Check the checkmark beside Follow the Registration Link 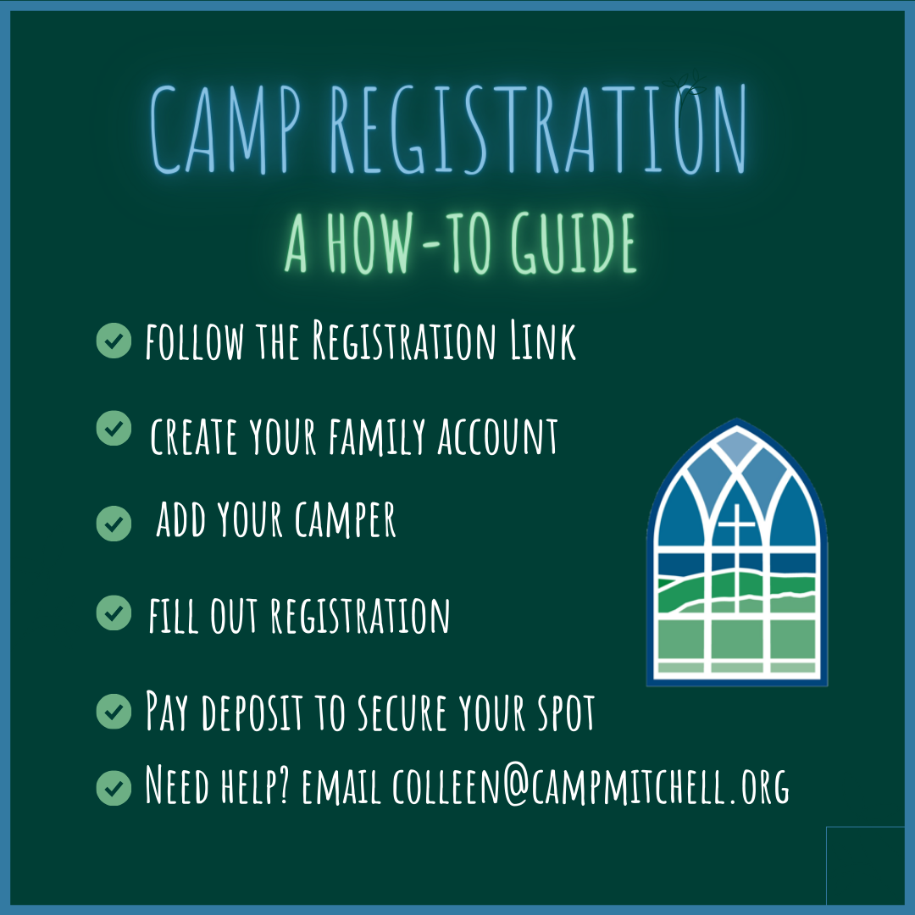pos(114,341)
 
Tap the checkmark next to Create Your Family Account pos(114,429)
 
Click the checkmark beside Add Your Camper pos(114,523)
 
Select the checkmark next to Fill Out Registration pos(114,613)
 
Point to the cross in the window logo pos(735,525)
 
